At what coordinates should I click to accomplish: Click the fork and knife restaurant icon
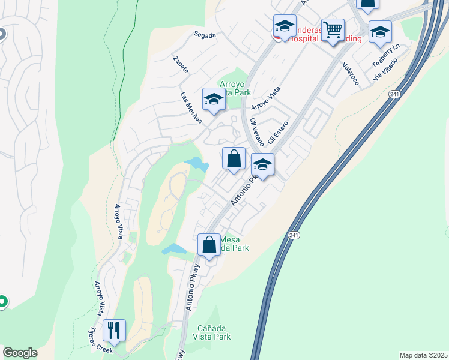[x=114, y=330]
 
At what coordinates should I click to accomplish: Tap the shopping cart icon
[x=332, y=29]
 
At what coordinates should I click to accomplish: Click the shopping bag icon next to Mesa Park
[x=209, y=245]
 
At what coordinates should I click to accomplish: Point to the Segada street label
[x=205, y=35]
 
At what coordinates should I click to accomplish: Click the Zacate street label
[x=180, y=65]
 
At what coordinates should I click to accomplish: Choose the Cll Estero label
[x=279, y=134]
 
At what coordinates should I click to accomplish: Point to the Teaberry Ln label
[x=385, y=56]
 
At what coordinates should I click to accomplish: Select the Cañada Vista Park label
[x=214, y=332]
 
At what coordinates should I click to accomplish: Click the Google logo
[x=20, y=353]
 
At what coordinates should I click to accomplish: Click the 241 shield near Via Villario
[x=394, y=94]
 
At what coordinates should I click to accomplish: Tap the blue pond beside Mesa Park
[x=174, y=248]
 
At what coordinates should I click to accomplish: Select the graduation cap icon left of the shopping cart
[x=285, y=26]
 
